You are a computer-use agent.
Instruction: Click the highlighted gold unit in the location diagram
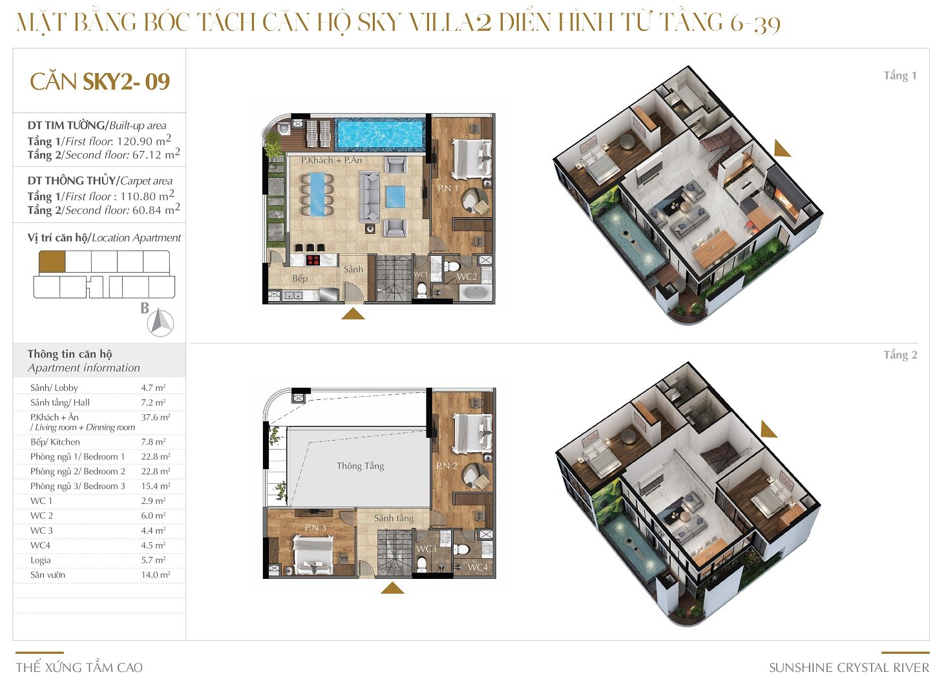point(52,262)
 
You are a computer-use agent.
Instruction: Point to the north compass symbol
point(160,323)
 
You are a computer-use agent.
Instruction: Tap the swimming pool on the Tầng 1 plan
point(379,134)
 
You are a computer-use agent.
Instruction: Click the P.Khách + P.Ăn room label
point(331,160)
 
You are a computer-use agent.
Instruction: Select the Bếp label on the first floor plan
point(300,278)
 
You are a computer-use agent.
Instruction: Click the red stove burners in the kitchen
point(313,260)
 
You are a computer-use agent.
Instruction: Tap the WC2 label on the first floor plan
point(467,277)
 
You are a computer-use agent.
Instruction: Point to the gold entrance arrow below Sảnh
point(353,314)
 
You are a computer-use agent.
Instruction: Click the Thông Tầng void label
point(360,466)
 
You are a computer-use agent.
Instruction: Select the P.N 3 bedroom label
point(315,528)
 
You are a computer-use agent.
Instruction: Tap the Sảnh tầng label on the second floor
point(394,518)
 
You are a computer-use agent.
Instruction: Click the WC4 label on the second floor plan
point(478,567)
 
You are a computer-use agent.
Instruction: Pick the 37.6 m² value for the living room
point(156,417)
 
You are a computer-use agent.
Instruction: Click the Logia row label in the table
point(41,561)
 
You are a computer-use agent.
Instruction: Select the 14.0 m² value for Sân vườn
point(156,575)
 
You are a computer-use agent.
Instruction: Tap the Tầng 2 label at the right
point(900,355)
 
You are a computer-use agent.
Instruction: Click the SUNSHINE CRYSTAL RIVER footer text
point(849,667)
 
